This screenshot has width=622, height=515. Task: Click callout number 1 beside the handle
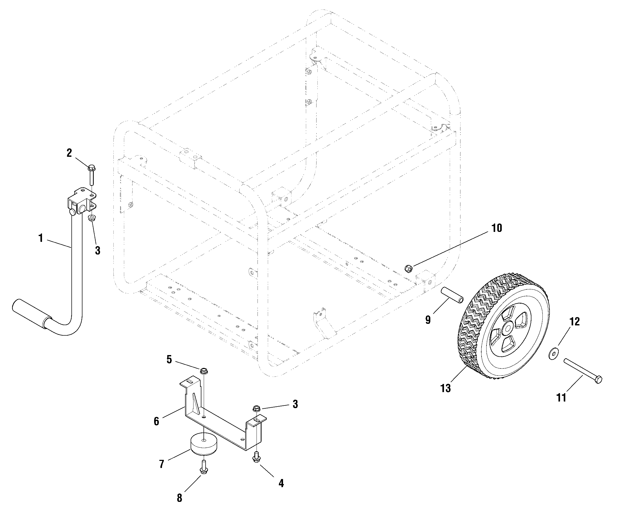tap(41, 238)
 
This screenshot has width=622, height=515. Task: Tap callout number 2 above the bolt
tap(69, 153)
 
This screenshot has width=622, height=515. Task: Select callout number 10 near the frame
tap(497, 228)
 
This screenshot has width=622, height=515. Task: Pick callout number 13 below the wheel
tap(446, 388)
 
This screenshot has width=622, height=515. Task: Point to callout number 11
tap(561, 398)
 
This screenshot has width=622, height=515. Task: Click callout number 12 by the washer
tap(575, 321)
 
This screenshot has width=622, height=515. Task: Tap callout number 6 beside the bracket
tap(156, 421)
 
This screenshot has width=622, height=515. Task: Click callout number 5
tap(169, 360)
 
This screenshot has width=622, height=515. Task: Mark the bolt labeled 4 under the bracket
tap(256, 456)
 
